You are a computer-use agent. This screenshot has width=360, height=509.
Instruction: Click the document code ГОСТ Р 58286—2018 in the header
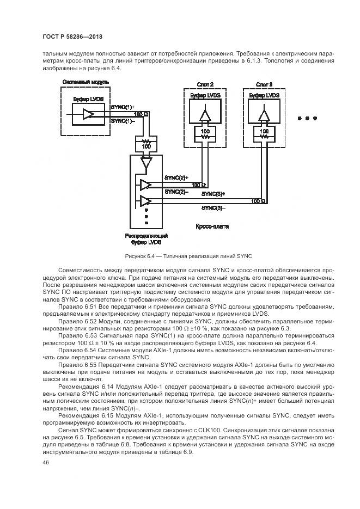tap(72, 36)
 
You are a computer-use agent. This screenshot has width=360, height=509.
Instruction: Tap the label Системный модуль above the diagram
tap(86, 82)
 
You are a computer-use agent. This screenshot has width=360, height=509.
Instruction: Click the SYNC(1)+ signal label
tap(123, 108)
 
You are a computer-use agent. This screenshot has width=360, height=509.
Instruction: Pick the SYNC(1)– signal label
tap(122, 121)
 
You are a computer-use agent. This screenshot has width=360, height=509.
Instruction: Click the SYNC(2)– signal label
tap(176, 191)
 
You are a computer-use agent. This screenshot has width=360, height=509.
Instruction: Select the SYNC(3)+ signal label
tap(213, 194)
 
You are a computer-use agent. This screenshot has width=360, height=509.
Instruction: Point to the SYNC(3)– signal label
tap(213, 207)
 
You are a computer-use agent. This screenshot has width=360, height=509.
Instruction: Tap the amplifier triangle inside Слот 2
tap(205, 115)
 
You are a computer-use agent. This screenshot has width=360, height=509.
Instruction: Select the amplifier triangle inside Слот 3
tap(264, 115)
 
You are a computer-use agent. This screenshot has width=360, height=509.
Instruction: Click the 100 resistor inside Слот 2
tap(205, 134)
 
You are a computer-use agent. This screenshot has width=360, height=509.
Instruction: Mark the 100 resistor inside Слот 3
tap(264, 134)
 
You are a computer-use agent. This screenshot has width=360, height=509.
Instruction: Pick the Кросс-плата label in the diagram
tap(212, 225)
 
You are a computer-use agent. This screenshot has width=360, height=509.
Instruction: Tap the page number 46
tap(45, 462)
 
